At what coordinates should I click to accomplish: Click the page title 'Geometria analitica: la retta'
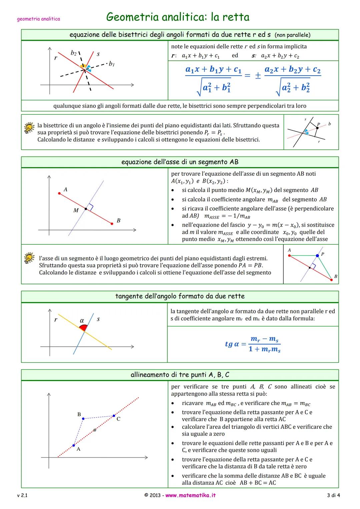[x=178, y=17]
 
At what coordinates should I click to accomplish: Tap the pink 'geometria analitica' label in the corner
[x=38, y=19]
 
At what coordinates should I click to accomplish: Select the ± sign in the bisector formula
[x=258, y=76]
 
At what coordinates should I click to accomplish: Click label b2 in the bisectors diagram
[x=74, y=53]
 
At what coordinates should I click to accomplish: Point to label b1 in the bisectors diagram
[x=112, y=64]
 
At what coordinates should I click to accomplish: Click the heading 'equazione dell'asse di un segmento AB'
[x=180, y=162]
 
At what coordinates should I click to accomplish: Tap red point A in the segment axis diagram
[x=59, y=193]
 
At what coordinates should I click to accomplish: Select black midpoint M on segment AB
[x=86, y=209]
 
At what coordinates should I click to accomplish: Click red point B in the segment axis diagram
[x=112, y=224]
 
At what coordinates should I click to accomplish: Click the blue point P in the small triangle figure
[x=317, y=256]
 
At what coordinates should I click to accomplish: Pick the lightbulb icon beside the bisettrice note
[x=29, y=128]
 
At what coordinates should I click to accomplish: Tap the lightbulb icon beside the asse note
[x=29, y=258]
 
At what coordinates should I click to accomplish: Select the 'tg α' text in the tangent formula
[x=232, y=344]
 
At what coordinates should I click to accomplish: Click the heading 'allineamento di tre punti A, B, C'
[x=180, y=375]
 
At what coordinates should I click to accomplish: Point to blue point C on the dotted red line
[x=114, y=416]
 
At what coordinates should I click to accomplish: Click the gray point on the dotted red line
[x=95, y=430]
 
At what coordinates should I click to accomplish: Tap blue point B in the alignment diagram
[x=83, y=419]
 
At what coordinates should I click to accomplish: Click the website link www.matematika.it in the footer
[x=190, y=495]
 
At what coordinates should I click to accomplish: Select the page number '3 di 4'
[x=333, y=495]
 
